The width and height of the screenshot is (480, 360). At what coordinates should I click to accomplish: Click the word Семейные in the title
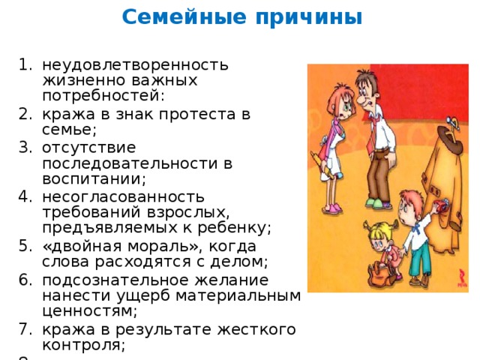coord(184,16)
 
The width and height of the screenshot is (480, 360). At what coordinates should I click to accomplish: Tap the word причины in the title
coord(309,18)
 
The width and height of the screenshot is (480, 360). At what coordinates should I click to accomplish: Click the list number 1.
coord(25,64)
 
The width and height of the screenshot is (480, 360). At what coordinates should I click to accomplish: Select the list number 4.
coord(25,196)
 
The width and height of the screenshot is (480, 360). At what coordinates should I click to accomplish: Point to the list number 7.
coord(25,329)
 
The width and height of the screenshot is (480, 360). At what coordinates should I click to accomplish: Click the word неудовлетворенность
coord(135,65)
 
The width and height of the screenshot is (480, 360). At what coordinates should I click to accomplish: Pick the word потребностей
coord(103,96)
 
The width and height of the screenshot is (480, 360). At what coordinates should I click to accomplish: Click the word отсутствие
coord(89,148)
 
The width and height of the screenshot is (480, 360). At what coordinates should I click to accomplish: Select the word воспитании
coord(94,178)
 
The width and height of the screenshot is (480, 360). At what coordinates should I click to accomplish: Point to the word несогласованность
coord(123,196)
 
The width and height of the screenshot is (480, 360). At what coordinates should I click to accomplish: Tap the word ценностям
coord(89,311)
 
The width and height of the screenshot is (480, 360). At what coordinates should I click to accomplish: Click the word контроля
coord(83,345)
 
